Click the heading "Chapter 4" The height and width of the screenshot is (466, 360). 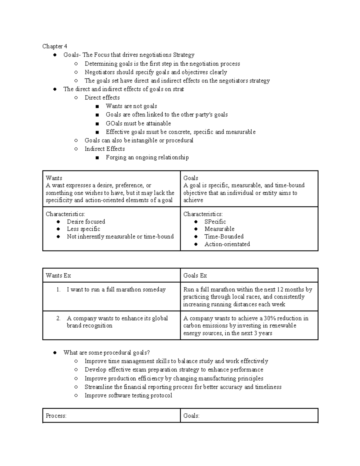tap(55, 46)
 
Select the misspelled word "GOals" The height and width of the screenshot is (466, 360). tap(114, 123)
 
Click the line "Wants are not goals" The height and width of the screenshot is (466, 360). tap(131, 106)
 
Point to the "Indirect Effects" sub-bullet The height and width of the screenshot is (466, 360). tap(104, 149)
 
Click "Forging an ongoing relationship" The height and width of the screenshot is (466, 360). tap(147, 158)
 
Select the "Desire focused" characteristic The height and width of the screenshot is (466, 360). tap(86, 222)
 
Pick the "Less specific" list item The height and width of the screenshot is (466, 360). tap(83, 229)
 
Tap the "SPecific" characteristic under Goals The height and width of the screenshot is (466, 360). tap(215, 222)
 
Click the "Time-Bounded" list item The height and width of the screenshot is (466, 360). tap(224, 236)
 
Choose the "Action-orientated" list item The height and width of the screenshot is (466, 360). tap(227, 244)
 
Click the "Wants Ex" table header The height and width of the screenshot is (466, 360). tap(58, 275)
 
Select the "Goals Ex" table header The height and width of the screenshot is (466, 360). tap(195, 275)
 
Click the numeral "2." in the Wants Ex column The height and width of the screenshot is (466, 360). tap(58, 318)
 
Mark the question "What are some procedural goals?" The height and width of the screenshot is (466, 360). tap(106, 353)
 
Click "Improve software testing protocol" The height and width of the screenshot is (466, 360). tap(128, 395)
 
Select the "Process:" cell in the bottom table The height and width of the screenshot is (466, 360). tap(56, 416)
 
